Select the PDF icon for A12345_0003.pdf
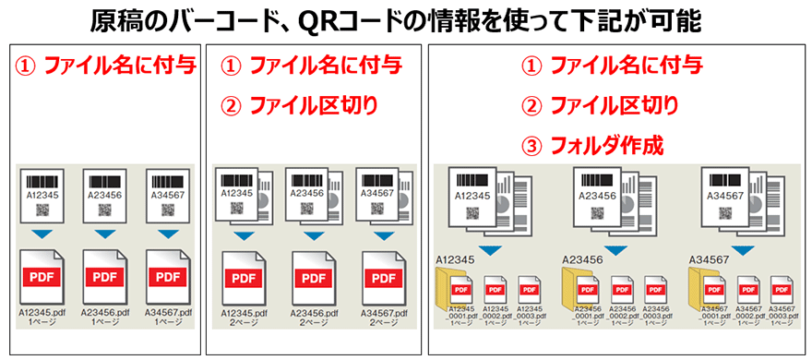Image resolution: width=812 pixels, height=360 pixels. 530,287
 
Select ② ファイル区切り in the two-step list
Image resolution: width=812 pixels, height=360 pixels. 300,105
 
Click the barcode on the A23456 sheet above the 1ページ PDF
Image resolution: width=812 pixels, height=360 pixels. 103,180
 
